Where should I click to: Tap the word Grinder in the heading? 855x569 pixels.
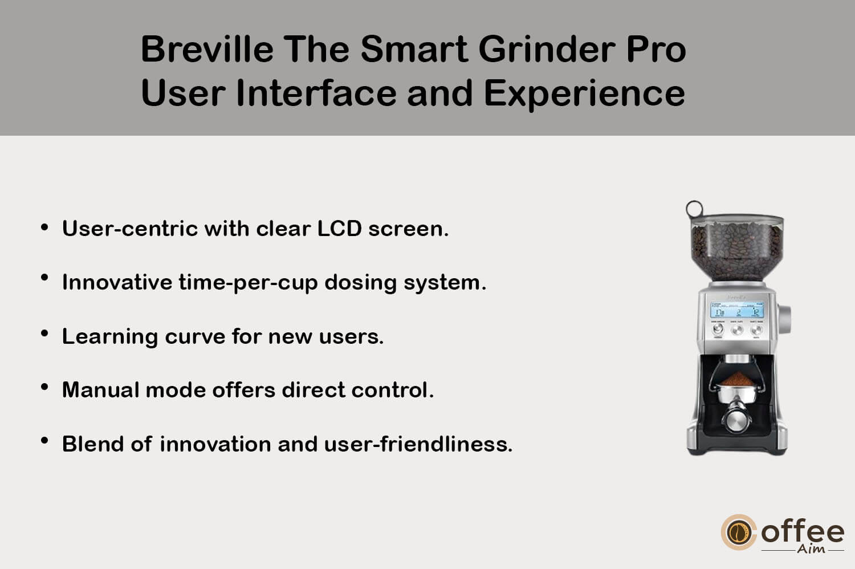547,49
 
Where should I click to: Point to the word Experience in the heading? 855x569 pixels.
585,94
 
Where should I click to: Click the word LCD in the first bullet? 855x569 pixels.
339,229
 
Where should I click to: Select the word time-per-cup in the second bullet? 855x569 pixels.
248,283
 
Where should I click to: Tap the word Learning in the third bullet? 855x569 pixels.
110,337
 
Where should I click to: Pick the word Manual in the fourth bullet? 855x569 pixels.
100,390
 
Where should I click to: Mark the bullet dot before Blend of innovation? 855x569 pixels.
44,441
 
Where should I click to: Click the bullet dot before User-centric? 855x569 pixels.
44,227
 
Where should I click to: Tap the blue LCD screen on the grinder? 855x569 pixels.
737,310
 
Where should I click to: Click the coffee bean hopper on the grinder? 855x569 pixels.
736,248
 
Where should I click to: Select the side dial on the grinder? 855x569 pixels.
784,319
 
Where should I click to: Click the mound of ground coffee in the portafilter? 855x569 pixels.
738,379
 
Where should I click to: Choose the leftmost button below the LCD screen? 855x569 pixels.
718,329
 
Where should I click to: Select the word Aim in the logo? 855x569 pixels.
811,549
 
